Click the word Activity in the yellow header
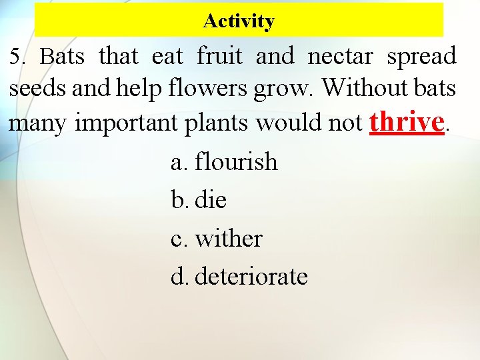point(239,21)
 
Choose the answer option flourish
point(235,161)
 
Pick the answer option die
point(210,199)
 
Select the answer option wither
point(228,238)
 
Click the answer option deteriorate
point(251,276)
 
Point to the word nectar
point(340,57)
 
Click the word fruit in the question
point(220,57)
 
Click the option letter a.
point(178,162)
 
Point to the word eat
point(167,57)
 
